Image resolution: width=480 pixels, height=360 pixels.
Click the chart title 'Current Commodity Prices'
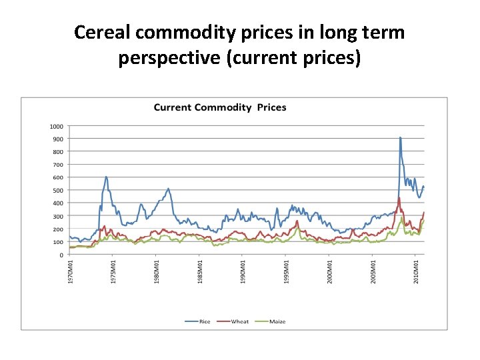coord(220,107)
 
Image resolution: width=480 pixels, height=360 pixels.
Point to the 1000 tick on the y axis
coord(56,126)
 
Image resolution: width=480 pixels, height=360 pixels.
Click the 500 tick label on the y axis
coord(57,191)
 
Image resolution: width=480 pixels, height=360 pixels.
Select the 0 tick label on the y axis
coord(61,255)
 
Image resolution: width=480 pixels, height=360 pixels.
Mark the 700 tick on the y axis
coord(57,165)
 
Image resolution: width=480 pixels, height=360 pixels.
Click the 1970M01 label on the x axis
coord(71,273)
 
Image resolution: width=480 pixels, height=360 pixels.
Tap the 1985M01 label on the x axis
coord(200,273)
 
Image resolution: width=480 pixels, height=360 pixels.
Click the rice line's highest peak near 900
coord(400,138)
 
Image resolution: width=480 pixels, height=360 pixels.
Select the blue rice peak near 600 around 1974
coord(106,177)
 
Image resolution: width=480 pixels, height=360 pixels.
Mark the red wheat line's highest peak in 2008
coord(399,198)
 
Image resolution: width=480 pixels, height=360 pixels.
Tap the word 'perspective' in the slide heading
coord(170,58)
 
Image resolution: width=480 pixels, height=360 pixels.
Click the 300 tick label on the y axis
coord(57,216)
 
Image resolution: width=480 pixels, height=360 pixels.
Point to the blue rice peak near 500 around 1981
coord(168,189)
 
